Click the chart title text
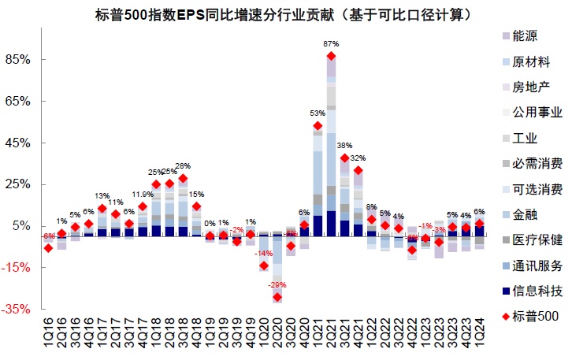(285, 14)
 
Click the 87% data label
(331, 44)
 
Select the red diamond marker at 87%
(331, 56)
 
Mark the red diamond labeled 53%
(318, 125)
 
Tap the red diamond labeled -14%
(264, 265)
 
